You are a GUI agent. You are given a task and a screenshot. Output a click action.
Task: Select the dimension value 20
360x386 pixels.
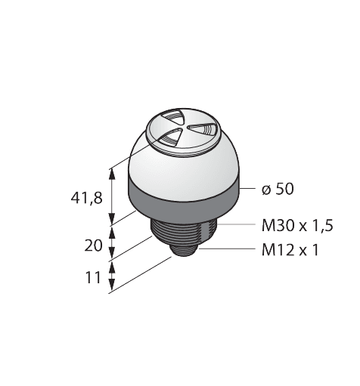tap(94, 244)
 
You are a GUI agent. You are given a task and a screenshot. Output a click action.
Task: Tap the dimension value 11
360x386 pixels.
tap(94, 277)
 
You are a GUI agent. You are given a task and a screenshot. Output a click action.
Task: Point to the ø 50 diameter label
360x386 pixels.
tap(277, 189)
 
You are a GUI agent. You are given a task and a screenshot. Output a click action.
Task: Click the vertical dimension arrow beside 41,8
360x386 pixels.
tap(113, 198)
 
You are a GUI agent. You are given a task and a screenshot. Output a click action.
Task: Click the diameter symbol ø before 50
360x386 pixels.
tap(265, 190)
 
